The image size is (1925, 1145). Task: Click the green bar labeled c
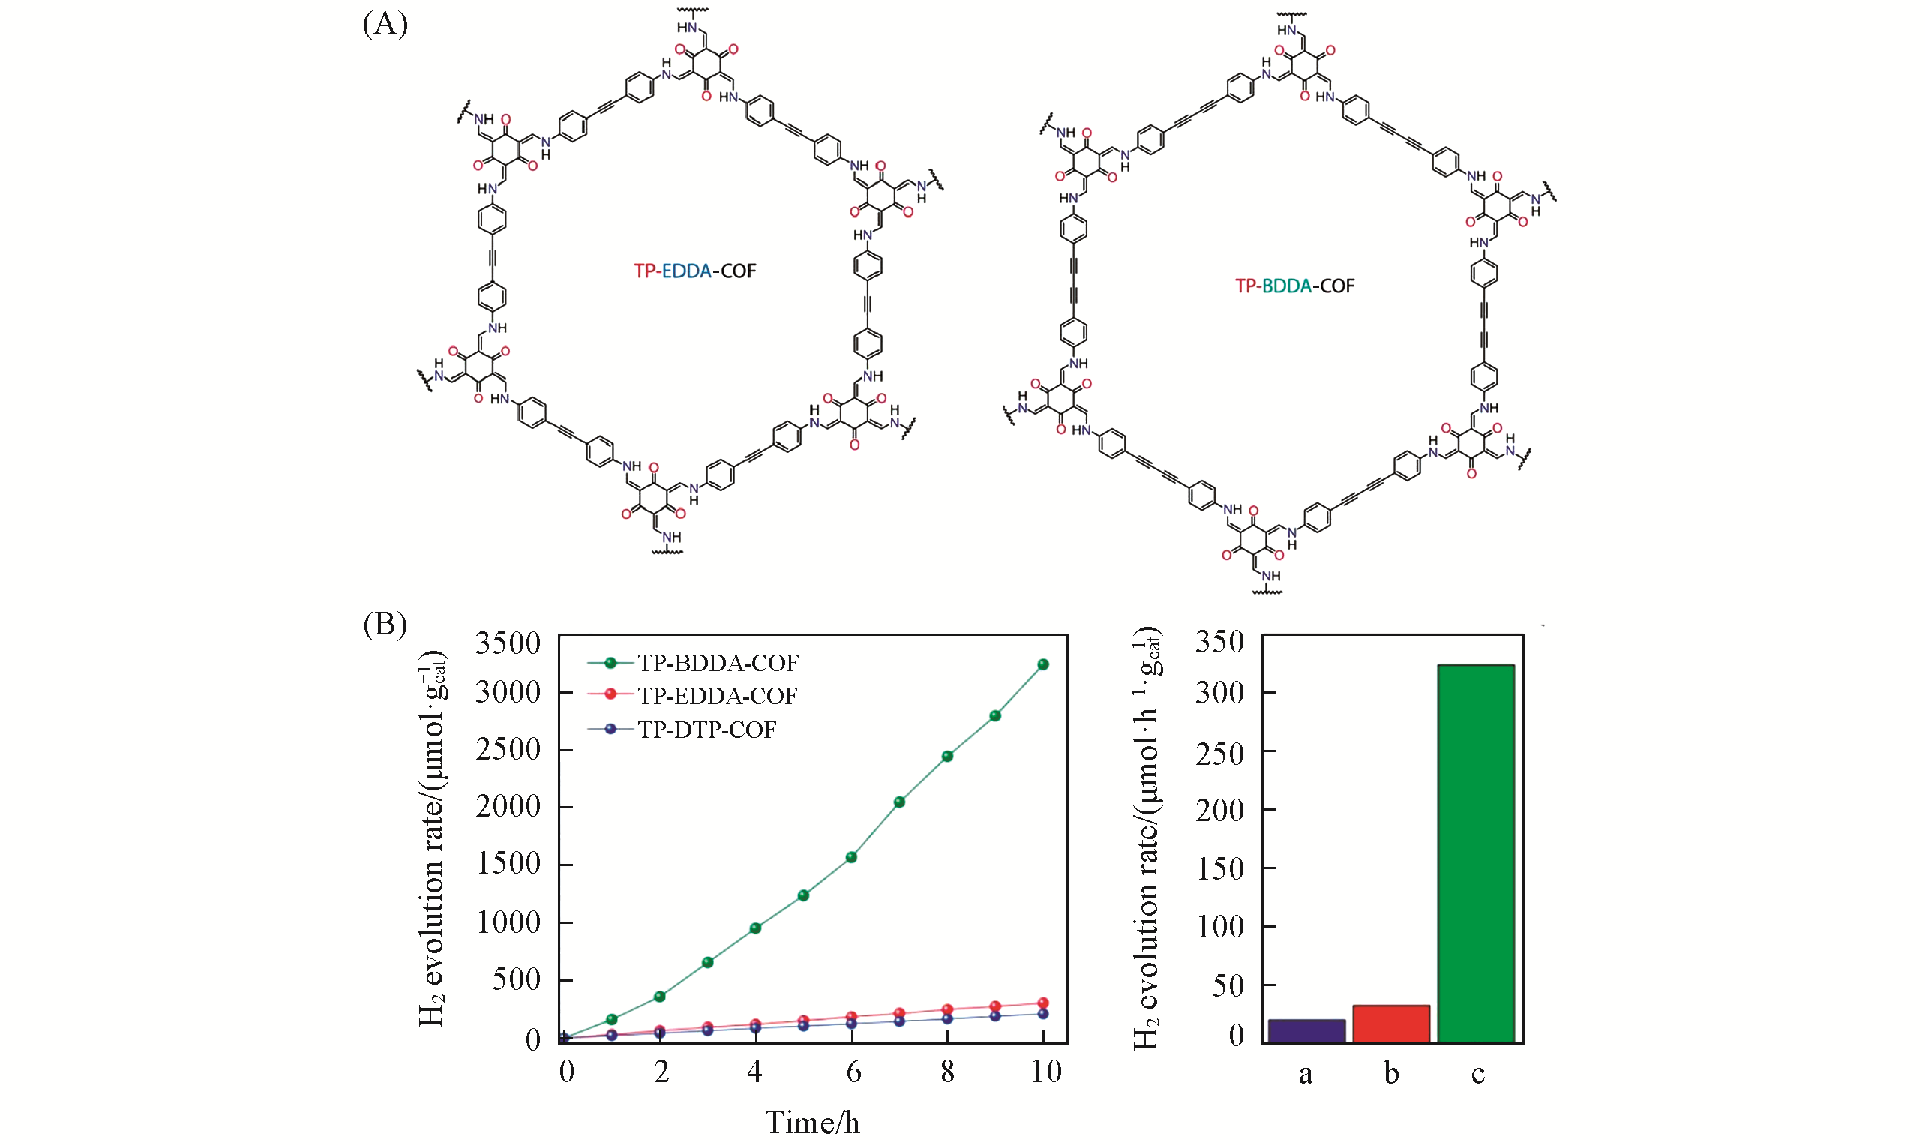(1476, 853)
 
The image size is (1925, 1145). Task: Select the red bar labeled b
(1391, 1024)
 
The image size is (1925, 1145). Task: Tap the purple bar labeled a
(1306, 1031)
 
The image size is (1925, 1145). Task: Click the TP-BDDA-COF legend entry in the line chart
(718, 663)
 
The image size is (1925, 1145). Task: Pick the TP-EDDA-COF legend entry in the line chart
(717, 696)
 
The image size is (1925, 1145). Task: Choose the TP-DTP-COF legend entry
(706, 729)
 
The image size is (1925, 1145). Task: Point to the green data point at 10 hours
(1043, 664)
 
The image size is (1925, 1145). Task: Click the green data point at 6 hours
(852, 857)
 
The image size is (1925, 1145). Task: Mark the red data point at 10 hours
(1043, 1003)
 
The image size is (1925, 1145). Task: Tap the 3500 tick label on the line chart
(508, 643)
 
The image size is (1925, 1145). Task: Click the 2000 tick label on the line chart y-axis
(508, 807)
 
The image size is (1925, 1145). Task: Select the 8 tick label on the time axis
(947, 1072)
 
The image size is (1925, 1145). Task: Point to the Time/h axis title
(811, 1122)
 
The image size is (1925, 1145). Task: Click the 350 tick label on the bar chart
(1219, 641)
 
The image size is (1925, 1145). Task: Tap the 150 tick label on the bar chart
(1219, 869)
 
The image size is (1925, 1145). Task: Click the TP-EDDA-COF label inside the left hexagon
(695, 271)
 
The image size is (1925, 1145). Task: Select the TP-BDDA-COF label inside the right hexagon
(1294, 286)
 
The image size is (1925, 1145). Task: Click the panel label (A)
(385, 24)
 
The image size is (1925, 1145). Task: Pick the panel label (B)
(385, 623)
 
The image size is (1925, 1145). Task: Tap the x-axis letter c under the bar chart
(1477, 1073)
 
